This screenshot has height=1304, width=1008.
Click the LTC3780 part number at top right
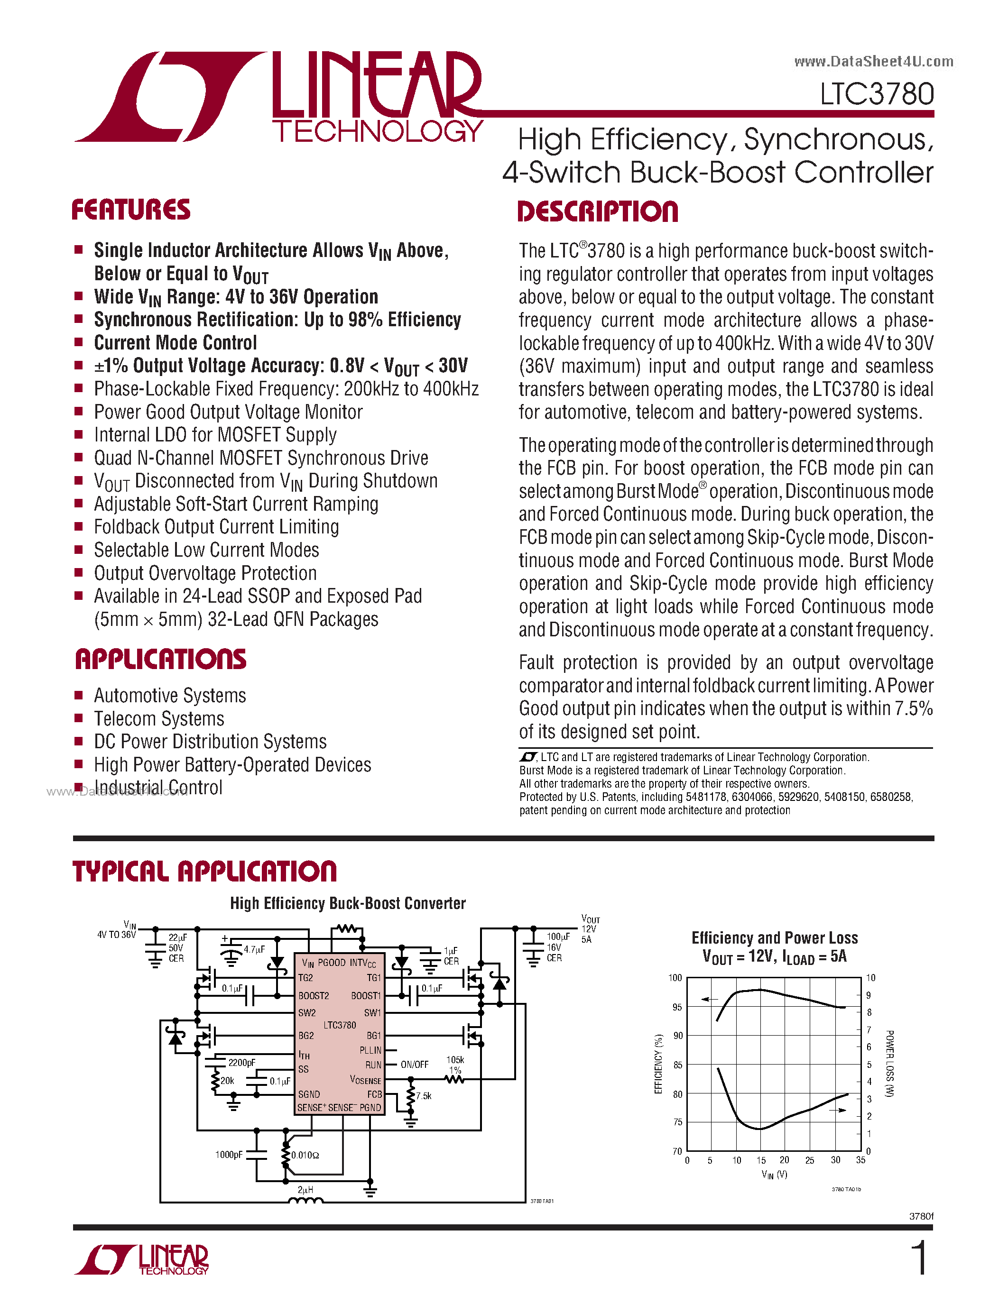[x=876, y=94]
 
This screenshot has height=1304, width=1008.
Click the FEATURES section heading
[x=131, y=210]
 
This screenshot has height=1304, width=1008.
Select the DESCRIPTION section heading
[x=597, y=212]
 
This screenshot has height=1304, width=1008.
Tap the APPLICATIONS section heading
[x=160, y=660]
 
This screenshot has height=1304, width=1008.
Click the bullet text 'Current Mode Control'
[x=176, y=343]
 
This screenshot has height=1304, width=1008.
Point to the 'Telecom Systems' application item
[x=159, y=719]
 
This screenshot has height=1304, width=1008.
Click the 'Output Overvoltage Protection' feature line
[x=205, y=573]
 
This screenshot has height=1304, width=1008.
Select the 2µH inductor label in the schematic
[x=305, y=1190]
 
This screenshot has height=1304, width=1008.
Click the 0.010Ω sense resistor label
[x=305, y=1155]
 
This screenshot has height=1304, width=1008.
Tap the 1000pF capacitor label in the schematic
[x=229, y=1155]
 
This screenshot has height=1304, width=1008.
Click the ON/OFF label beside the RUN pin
[x=415, y=1065]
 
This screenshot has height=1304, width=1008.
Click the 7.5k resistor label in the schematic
[x=424, y=1096]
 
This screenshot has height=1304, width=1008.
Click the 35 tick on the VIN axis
[x=860, y=1160]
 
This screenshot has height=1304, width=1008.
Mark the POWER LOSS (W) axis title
[x=889, y=1064]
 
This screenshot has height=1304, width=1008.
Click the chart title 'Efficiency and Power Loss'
[x=774, y=938]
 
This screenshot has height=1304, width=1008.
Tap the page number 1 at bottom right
[x=920, y=1258]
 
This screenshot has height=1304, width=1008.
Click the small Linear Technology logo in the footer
[x=141, y=1260]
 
